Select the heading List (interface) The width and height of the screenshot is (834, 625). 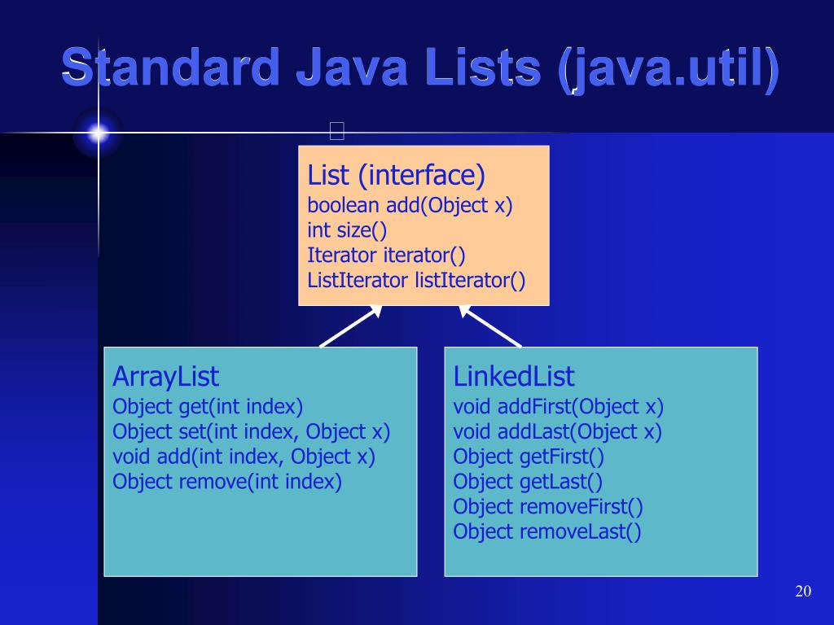[x=396, y=174]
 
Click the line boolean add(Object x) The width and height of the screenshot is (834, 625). [x=410, y=206]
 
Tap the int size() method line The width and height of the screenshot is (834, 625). [x=347, y=230]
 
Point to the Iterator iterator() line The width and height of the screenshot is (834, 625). [x=386, y=256]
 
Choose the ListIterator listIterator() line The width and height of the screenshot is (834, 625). [x=416, y=281]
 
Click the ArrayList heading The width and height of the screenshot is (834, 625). [x=166, y=377]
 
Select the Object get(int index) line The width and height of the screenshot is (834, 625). [x=208, y=406]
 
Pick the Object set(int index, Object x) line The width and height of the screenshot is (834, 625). [x=252, y=431]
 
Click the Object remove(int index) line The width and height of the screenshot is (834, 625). [x=227, y=481]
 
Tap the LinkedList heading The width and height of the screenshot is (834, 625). [x=514, y=377]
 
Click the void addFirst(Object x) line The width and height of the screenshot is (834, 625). [x=559, y=406]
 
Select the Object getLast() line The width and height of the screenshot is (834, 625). [x=528, y=481]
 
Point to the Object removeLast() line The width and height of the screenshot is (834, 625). [x=547, y=531]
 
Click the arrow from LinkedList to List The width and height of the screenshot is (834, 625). [x=490, y=326]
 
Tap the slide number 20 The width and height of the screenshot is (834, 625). [x=803, y=591]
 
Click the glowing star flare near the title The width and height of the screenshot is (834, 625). [x=99, y=133]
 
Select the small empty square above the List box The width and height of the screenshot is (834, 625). [x=337, y=130]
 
